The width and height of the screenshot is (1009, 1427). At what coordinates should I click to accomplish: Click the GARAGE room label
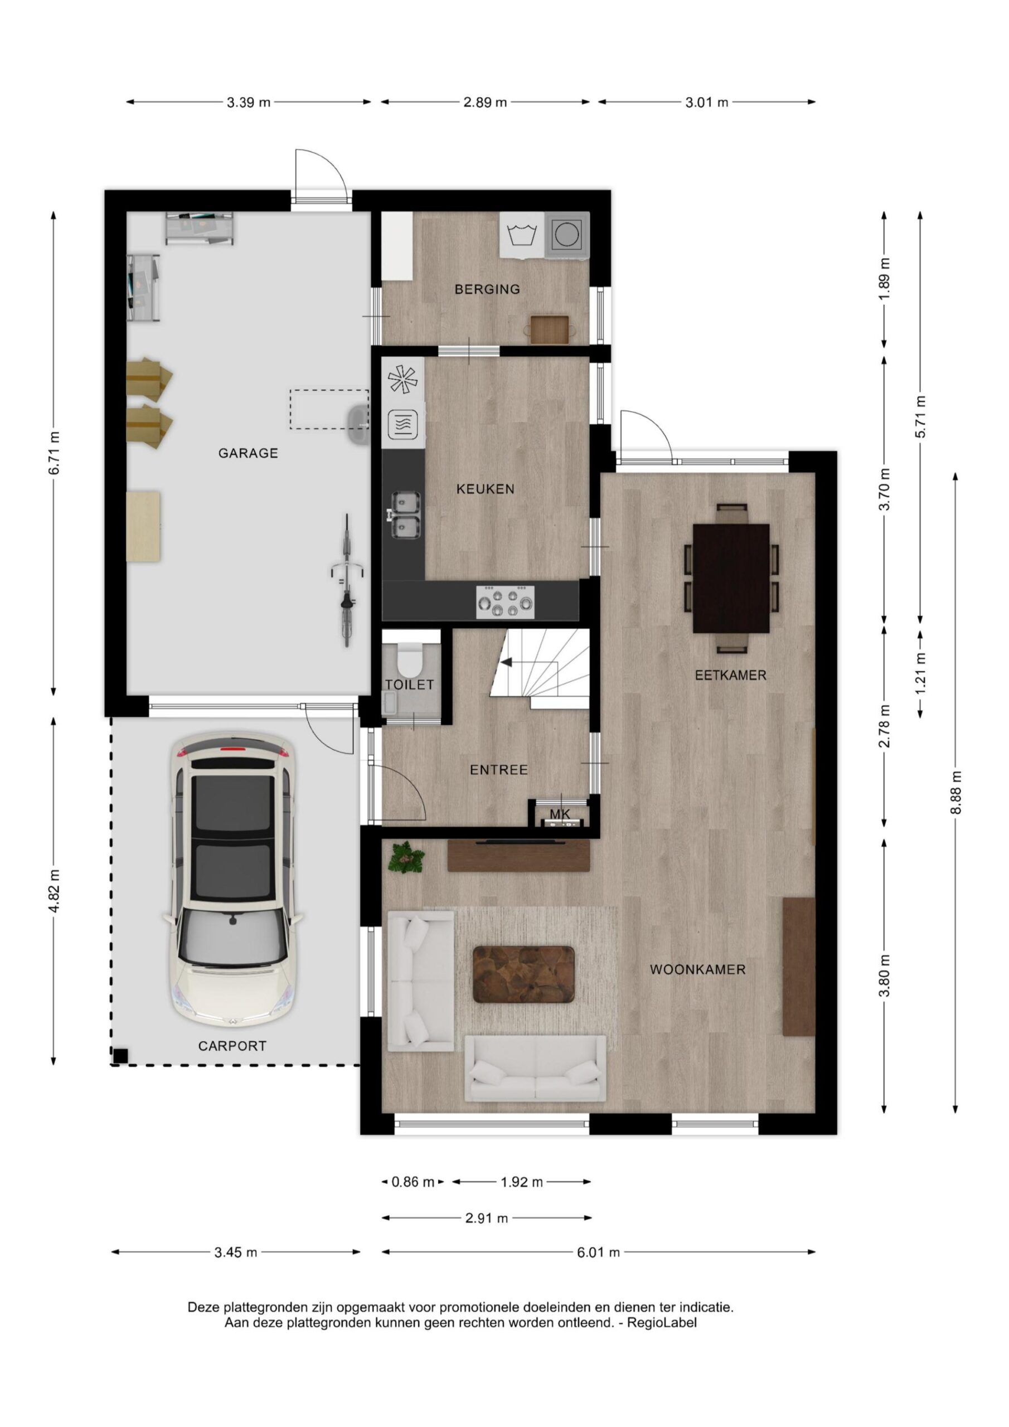248,453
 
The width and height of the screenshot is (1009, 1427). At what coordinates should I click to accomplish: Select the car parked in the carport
233,882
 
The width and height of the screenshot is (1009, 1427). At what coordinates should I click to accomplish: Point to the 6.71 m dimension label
54,453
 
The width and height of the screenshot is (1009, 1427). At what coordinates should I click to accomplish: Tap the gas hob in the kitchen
505,601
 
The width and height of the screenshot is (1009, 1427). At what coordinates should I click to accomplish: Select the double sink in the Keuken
405,515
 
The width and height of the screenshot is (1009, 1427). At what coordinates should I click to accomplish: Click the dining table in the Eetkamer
730,578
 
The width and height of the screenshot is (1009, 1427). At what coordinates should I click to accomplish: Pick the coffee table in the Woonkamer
523,974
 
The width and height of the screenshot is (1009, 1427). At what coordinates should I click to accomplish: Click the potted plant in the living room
406,857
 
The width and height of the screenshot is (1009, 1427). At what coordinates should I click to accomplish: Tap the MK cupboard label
560,814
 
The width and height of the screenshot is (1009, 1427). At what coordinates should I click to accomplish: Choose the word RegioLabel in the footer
662,1323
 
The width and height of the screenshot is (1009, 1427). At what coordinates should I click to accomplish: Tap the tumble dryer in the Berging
566,235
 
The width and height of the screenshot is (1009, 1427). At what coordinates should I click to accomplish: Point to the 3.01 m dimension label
707,103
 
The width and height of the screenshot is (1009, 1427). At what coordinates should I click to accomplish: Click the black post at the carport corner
120,1055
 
